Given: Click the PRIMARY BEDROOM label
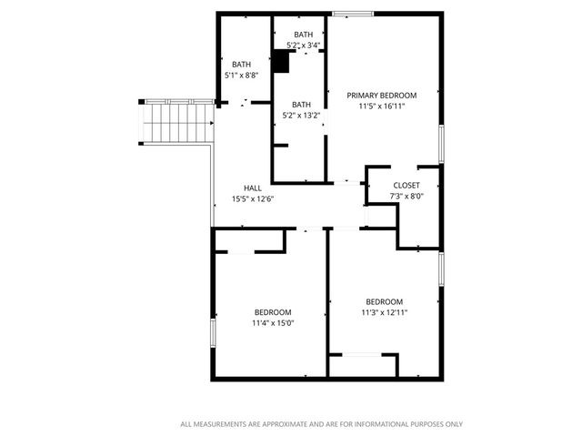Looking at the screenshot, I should point(382,96).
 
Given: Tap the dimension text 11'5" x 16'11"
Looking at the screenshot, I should point(382,107).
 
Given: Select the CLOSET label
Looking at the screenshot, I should point(406,185).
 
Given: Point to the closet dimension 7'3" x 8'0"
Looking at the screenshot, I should point(406,196).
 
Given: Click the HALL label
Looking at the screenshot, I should point(253,188).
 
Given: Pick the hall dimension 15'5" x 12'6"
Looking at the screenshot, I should point(253,199).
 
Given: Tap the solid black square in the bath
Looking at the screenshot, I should point(282,62).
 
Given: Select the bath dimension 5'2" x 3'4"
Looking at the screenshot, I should point(302,45).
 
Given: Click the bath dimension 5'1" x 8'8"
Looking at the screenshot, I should point(241,76).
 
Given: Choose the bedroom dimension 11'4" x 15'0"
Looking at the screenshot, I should point(274,322).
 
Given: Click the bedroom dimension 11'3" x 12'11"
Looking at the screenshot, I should point(386,312).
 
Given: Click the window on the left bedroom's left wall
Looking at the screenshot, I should point(213,331).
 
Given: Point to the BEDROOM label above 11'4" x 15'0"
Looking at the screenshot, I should point(274,311).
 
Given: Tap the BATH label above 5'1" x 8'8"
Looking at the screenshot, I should point(241,65).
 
